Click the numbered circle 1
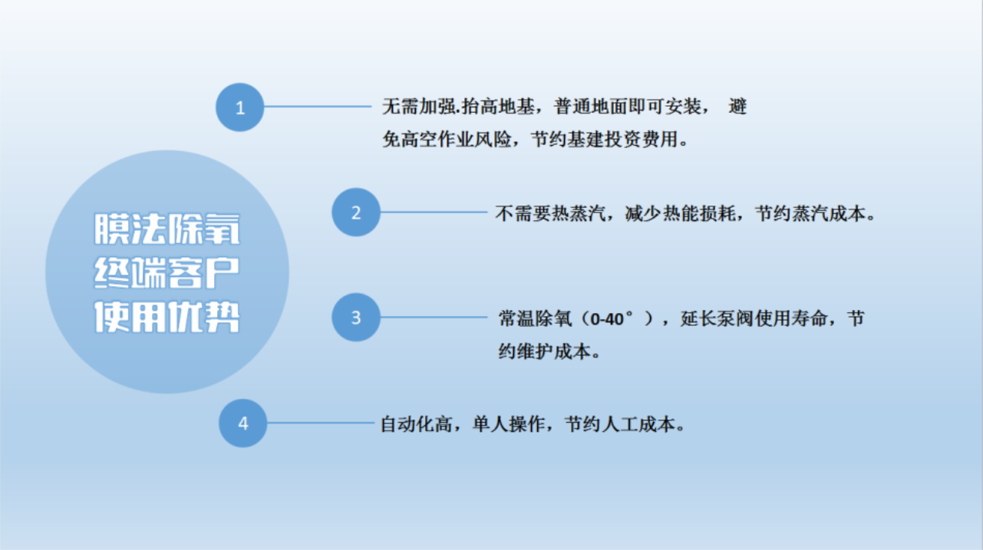click(239, 107)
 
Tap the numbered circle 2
click(356, 212)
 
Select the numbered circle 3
click(356, 317)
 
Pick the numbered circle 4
click(242, 423)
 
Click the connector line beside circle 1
click(318, 106)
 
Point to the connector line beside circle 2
click(434, 212)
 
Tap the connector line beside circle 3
click(434, 317)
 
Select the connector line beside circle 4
click(320, 423)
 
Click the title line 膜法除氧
click(167, 229)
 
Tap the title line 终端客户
click(167, 272)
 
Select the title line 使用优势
click(167, 317)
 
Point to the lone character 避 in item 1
click(737, 107)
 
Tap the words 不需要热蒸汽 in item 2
click(550, 213)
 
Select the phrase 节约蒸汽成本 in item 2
click(810, 213)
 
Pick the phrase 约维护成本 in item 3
click(544, 352)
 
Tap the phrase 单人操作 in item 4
click(509, 424)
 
